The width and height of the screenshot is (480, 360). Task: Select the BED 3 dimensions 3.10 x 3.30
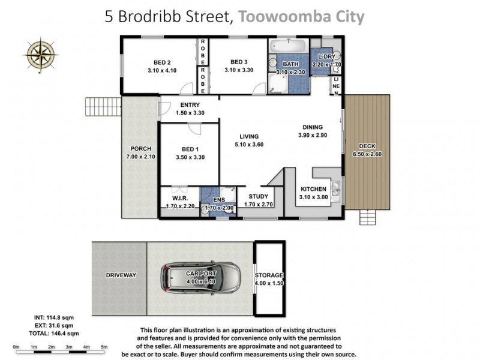239,70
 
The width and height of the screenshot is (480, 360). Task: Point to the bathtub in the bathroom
289,47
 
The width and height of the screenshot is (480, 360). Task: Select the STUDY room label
259,196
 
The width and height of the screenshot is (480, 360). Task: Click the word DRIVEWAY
121,275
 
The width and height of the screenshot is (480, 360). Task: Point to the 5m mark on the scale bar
104,347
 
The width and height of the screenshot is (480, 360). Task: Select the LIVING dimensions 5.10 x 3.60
249,144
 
